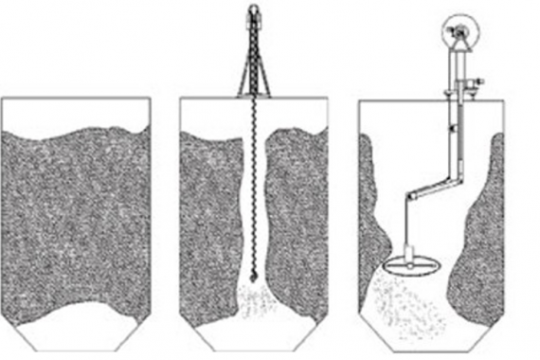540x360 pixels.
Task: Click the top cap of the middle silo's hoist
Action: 253,12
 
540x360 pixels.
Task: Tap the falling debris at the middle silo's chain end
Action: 253,301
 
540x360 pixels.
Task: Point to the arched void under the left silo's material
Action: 76,317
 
